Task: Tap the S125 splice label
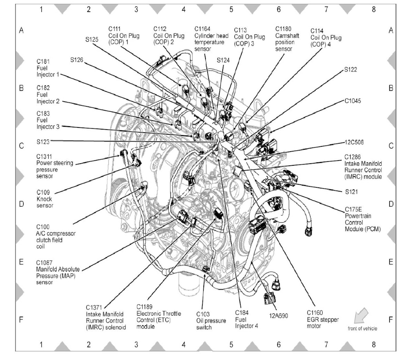click(x=92, y=39)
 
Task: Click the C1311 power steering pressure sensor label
click(x=55, y=166)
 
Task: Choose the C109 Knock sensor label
click(x=45, y=199)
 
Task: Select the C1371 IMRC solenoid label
click(x=106, y=317)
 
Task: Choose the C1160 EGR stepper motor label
click(x=323, y=319)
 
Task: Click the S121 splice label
click(x=351, y=191)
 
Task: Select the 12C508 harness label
click(x=355, y=142)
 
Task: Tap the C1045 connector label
click(x=352, y=101)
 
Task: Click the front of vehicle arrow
click(x=361, y=317)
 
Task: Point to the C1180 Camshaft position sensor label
click(x=285, y=39)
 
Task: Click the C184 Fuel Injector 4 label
click(x=246, y=319)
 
